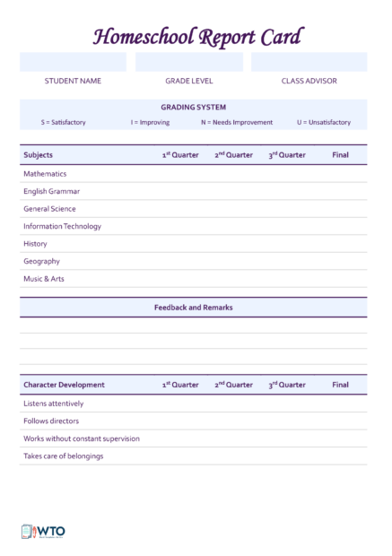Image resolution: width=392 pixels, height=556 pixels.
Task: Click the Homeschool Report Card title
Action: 197,37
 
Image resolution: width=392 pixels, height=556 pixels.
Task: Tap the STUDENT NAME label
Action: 73,81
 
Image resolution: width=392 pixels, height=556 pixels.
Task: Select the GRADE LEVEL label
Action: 188,81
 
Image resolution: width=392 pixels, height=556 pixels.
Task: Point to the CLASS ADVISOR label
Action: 309,81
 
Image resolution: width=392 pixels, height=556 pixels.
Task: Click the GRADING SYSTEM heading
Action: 194,107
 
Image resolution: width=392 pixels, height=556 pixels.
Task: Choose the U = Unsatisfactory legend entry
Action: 324,122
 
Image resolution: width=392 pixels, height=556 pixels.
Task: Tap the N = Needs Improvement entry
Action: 236,122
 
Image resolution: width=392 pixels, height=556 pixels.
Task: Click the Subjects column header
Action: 38,155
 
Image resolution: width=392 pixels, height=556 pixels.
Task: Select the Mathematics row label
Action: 45,174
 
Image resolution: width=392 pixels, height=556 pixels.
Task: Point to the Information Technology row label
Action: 62,226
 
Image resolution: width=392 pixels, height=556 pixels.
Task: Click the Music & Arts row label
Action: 44,279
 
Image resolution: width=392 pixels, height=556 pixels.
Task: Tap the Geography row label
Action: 41,261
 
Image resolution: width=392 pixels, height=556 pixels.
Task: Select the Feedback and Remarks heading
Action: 193,307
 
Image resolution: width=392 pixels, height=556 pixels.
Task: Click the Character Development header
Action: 64,385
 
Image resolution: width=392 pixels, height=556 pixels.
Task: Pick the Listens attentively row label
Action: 53,404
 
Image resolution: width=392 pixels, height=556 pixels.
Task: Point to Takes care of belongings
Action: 63,456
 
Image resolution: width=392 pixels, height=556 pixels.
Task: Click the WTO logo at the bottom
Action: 43,531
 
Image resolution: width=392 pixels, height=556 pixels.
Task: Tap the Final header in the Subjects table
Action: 340,155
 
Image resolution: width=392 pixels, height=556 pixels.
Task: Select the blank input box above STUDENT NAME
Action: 73,62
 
